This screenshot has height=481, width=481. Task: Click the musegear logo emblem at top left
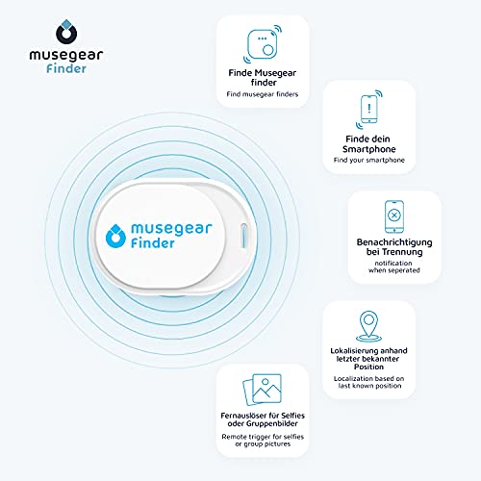tap(66, 32)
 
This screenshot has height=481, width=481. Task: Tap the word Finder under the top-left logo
tap(66, 68)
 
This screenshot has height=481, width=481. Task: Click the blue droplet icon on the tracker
tap(115, 236)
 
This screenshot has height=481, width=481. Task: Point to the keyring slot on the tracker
tap(243, 236)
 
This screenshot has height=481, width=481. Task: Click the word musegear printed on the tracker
tap(171, 229)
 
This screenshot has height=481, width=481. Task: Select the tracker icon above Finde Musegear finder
tap(263, 44)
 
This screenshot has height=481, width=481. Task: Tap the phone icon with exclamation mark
tap(369, 109)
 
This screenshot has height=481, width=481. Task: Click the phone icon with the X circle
tap(394, 216)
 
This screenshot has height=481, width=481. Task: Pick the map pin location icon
tap(368, 326)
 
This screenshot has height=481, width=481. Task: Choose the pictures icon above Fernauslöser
tap(263, 390)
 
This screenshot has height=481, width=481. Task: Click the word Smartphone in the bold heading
tap(369, 149)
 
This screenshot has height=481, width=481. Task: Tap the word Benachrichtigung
tap(394, 242)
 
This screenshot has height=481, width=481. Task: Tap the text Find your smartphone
tap(369, 160)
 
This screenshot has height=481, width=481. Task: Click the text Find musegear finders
tap(263, 94)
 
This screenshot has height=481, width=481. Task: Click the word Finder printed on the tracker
tap(153, 243)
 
